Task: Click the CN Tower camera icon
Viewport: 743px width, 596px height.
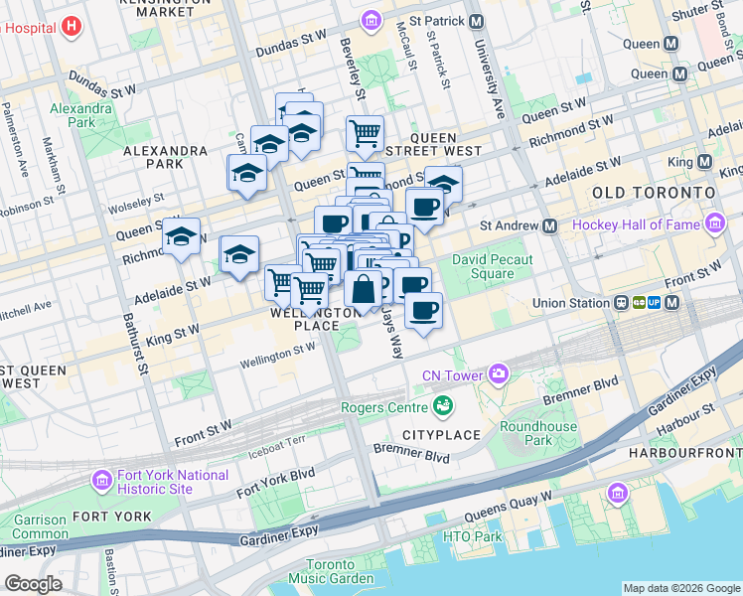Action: point(498,374)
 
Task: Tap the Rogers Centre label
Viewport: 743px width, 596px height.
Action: point(382,406)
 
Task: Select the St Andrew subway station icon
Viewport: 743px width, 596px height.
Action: point(549,225)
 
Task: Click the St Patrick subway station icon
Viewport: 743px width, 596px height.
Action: point(476,21)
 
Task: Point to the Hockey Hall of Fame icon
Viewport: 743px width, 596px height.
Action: point(714,225)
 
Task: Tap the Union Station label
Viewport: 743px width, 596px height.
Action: point(568,302)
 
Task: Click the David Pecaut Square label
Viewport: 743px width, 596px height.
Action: point(493,267)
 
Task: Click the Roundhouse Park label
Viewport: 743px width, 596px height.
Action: point(524,433)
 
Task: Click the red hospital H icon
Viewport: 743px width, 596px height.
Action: point(71,27)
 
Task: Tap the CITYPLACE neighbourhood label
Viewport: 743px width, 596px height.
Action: point(441,435)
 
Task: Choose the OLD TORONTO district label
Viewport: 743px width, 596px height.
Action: point(653,191)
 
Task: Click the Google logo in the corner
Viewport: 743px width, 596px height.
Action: point(33,584)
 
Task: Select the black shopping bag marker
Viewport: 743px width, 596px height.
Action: point(364,289)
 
